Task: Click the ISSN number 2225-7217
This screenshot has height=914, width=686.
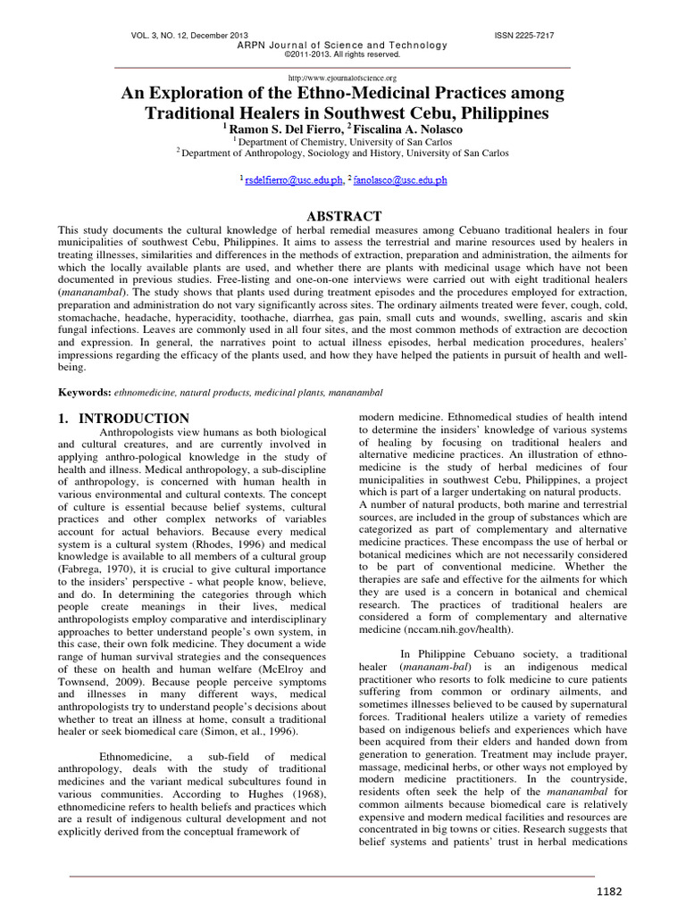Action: [x=523, y=35]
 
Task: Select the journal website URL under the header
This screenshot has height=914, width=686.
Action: [x=342, y=79]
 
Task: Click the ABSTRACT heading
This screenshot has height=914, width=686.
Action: [x=344, y=216]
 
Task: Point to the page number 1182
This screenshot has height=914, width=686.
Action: [x=609, y=892]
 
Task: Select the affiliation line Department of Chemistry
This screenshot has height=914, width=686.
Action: [x=344, y=141]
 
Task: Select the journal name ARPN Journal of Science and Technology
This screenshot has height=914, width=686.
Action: [x=342, y=46]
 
